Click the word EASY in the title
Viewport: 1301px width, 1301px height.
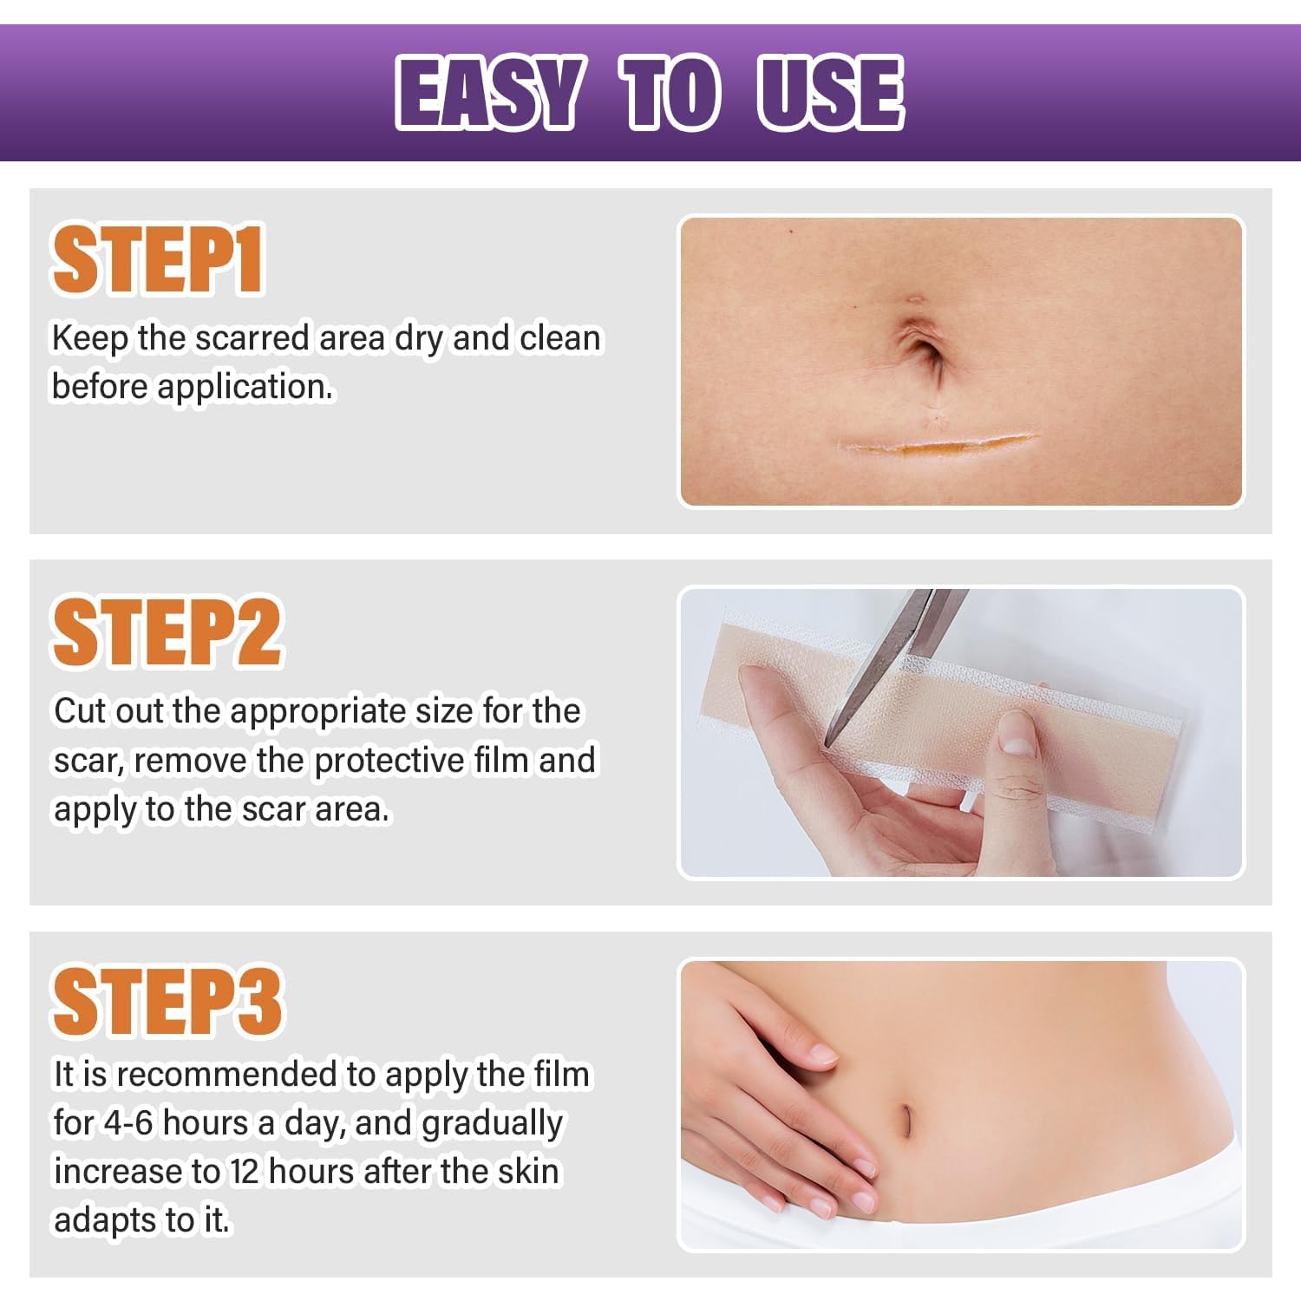[x=487, y=93]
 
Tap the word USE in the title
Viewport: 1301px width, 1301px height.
[x=831, y=93]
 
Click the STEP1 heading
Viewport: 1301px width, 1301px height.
[x=158, y=259]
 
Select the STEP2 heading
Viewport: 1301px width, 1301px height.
[x=167, y=631]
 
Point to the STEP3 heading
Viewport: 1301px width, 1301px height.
[x=167, y=1002]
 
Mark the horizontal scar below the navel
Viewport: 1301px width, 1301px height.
[x=938, y=445]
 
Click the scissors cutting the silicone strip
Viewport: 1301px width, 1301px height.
[x=893, y=659]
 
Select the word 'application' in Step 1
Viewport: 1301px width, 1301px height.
[x=245, y=387]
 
